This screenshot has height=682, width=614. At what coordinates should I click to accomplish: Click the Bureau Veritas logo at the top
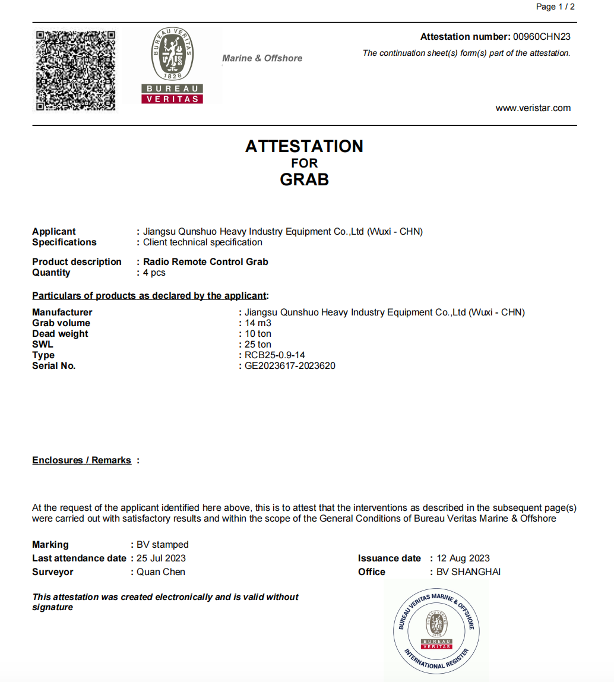(x=172, y=65)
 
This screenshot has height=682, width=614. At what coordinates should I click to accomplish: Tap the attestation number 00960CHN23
(x=542, y=37)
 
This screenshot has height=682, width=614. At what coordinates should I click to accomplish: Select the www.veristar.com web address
(x=533, y=108)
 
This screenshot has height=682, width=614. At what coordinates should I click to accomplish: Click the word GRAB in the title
(x=304, y=179)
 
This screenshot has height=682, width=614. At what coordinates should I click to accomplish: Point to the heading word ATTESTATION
(x=304, y=146)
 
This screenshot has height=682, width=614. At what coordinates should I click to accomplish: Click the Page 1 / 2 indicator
(x=555, y=7)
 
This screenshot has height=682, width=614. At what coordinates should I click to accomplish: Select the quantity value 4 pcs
(x=154, y=273)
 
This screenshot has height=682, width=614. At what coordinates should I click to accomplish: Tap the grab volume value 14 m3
(x=258, y=323)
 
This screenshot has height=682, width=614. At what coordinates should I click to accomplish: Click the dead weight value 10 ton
(x=258, y=334)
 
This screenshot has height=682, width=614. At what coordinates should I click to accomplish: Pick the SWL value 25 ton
(x=258, y=345)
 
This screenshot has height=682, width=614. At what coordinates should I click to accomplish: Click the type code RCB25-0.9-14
(x=275, y=355)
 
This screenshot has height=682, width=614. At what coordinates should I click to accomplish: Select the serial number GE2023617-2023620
(x=290, y=366)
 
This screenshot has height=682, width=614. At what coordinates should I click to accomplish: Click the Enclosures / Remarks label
(x=81, y=460)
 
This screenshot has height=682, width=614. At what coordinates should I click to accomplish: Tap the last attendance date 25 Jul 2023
(x=161, y=558)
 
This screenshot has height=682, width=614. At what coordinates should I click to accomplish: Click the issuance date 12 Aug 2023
(x=463, y=558)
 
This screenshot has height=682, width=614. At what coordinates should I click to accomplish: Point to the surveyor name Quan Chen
(x=161, y=572)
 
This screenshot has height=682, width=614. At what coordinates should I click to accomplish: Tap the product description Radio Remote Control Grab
(x=205, y=262)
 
